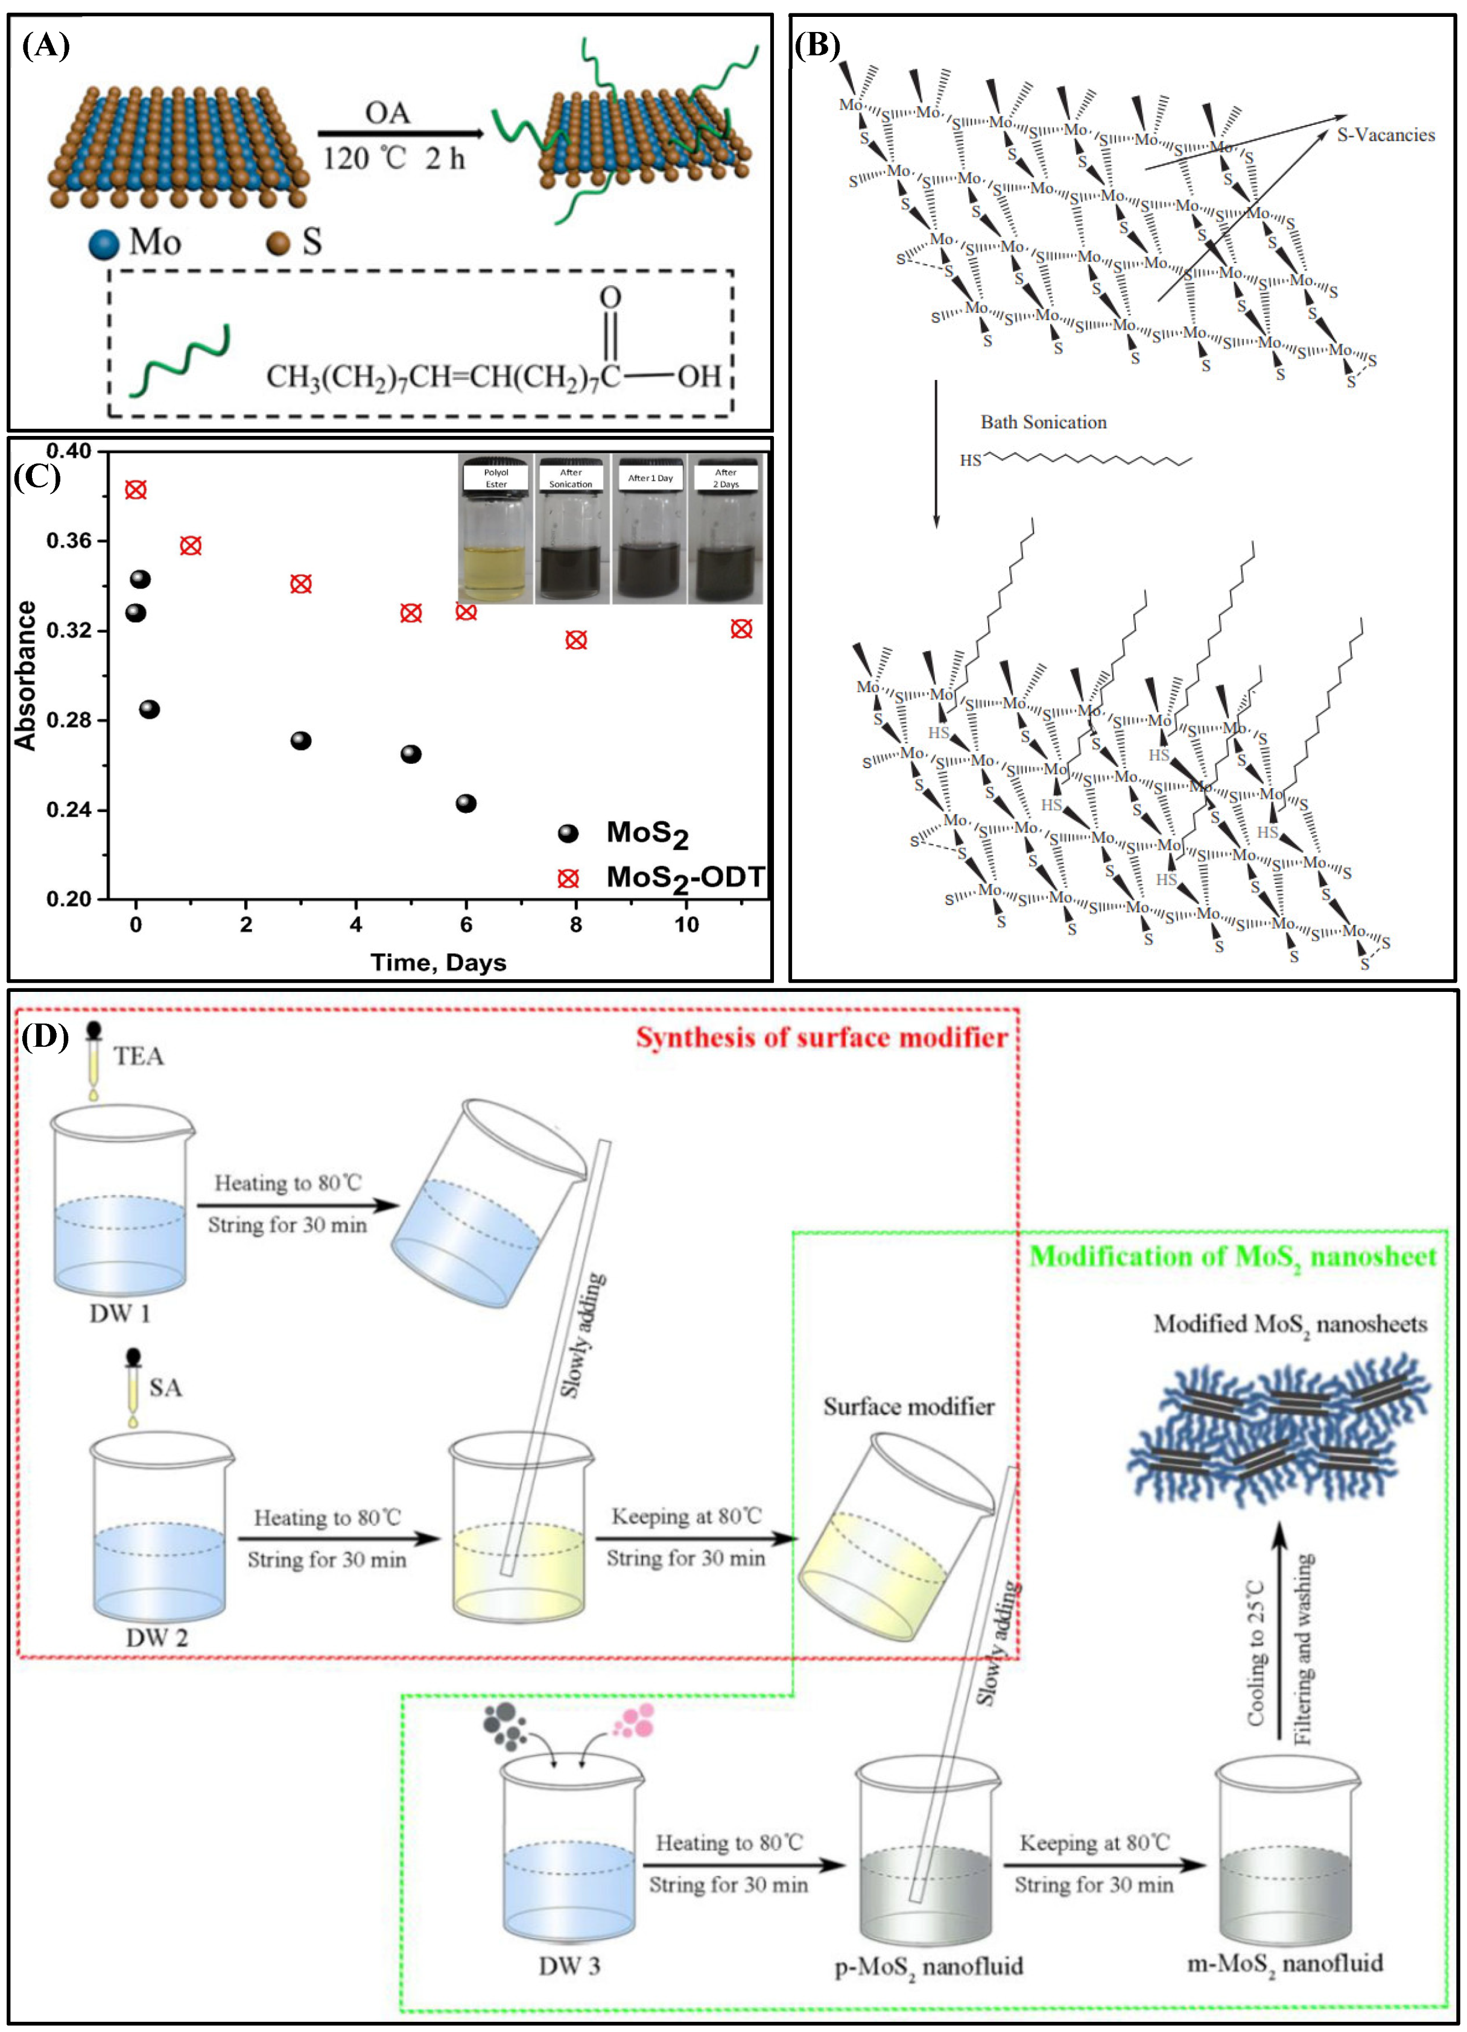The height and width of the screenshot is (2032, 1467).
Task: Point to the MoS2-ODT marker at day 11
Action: pyautogui.click(x=741, y=629)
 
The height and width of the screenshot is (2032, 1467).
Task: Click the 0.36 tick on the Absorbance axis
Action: pyautogui.click(x=69, y=541)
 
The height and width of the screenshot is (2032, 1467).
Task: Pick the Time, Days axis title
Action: pyautogui.click(x=438, y=962)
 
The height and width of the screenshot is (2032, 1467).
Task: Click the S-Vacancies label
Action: pyautogui.click(x=1386, y=135)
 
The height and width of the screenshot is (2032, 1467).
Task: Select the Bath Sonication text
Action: pyautogui.click(x=1043, y=422)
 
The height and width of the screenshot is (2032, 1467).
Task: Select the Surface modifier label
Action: pyautogui.click(x=908, y=1407)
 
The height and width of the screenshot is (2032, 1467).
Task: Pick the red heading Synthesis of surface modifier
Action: pyautogui.click(x=822, y=1038)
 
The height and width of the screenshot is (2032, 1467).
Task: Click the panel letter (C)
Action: pyautogui.click(x=37, y=476)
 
